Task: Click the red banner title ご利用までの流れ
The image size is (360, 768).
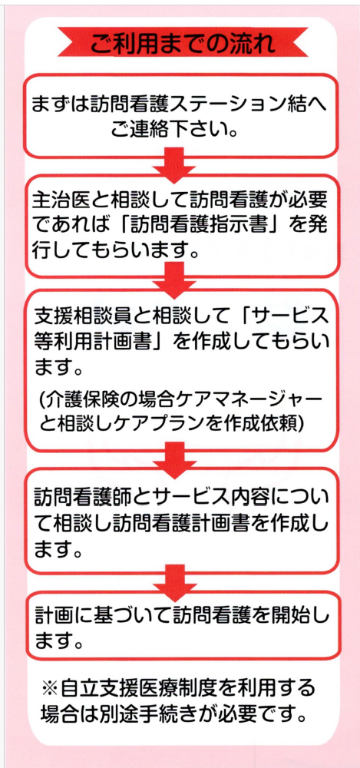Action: point(183,42)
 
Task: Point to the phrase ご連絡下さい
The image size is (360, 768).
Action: point(169,130)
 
